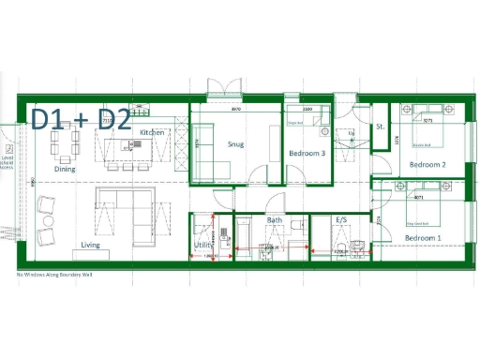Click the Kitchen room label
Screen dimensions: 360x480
(x=152, y=133)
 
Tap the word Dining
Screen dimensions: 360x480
(x=65, y=170)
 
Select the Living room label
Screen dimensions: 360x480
(x=90, y=245)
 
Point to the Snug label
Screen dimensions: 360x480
(x=235, y=143)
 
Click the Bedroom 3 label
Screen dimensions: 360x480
(x=307, y=153)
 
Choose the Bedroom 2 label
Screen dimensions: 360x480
(x=427, y=165)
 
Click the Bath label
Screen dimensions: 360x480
(x=275, y=221)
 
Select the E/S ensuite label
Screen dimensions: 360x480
(x=344, y=221)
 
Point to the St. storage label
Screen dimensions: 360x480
(x=381, y=126)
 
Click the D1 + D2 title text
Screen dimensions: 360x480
(x=81, y=119)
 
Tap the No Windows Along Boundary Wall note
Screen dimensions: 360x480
(x=58, y=275)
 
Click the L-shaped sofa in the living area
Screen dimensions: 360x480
(x=127, y=209)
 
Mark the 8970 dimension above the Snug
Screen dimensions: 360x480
(x=237, y=109)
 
